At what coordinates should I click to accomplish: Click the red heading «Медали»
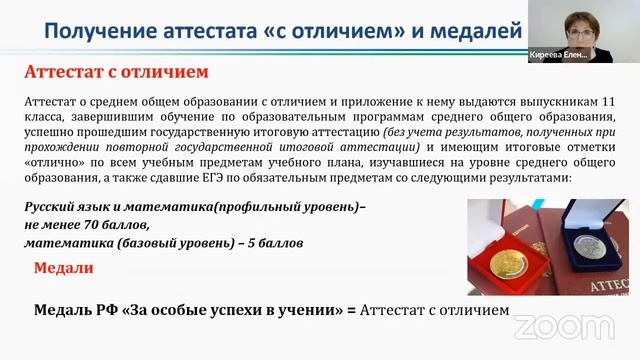point(64,269)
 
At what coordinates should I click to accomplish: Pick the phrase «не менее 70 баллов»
point(79,226)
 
